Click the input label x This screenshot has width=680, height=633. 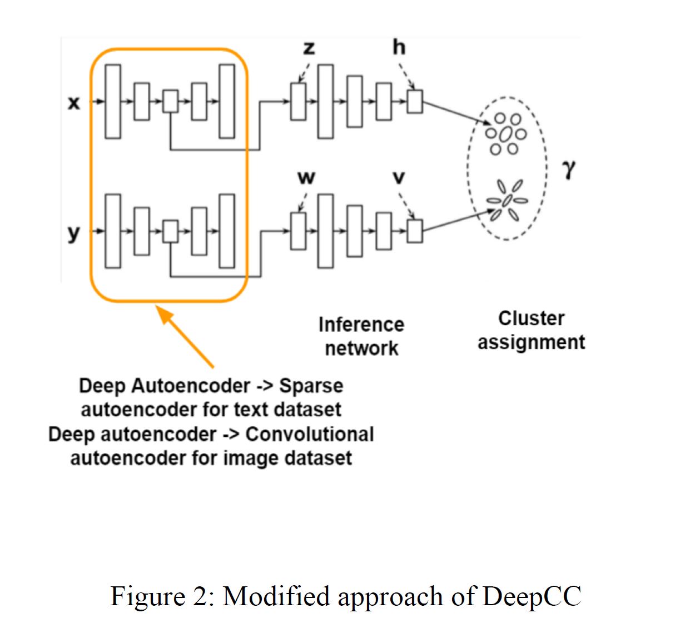pyautogui.click(x=73, y=102)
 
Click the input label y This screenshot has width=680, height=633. pyautogui.click(x=73, y=233)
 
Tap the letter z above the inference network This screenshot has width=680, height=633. pyautogui.click(x=309, y=48)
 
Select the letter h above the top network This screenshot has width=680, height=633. pyautogui.click(x=399, y=47)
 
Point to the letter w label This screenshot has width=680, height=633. pyautogui.click(x=306, y=178)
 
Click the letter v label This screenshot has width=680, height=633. pyautogui.click(x=399, y=178)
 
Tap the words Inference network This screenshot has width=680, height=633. pyautogui.click(x=361, y=336)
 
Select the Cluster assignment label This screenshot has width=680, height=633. pyautogui.click(x=531, y=330)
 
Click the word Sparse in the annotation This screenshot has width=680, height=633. pyautogui.click(x=311, y=386)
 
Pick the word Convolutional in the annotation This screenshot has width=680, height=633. pyautogui.click(x=309, y=434)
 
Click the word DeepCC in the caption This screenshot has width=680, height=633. pyautogui.click(x=532, y=596)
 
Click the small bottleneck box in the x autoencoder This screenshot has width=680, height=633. pyautogui.click(x=170, y=101)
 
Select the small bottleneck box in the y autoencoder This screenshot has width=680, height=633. pyautogui.click(x=170, y=231)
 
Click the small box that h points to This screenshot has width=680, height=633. pyautogui.click(x=414, y=102)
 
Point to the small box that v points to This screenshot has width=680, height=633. pyautogui.click(x=414, y=231)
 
